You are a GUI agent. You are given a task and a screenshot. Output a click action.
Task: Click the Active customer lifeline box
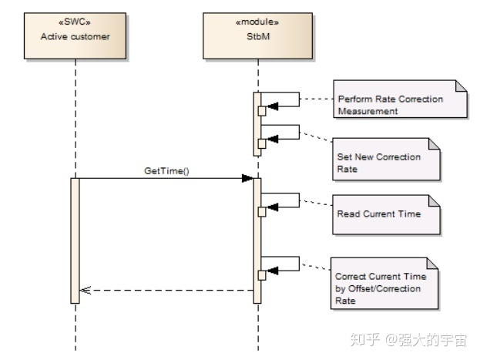pyautogui.click(x=75, y=35)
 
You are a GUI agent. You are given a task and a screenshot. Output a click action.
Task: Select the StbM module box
pyautogui.click(x=257, y=35)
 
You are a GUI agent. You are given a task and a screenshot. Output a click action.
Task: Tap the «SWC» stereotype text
pyautogui.click(x=75, y=22)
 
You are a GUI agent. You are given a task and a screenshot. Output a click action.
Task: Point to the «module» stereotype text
pyautogui.click(x=257, y=22)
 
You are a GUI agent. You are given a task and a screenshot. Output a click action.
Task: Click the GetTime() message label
pyautogui.click(x=166, y=171)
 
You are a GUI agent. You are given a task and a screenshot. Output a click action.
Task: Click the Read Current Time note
pyautogui.click(x=386, y=214)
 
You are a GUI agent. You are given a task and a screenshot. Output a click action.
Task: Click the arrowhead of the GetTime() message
pyautogui.click(x=247, y=178)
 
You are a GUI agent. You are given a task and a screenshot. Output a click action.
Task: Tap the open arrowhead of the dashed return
pyautogui.click(x=86, y=291)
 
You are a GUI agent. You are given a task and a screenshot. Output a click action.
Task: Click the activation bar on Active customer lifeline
pyautogui.click(x=75, y=240)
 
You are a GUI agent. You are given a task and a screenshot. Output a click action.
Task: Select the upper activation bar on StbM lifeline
pyautogui.click(x=257, y=123)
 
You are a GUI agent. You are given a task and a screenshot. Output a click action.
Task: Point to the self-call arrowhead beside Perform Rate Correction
pyautogui.click(x=272, y=106)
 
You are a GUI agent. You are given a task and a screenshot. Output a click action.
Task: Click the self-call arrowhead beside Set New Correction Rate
pyautogui.click(x=272, y=140)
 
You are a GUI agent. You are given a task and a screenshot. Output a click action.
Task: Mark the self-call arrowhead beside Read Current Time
pyautogui.click(x=272, y=206)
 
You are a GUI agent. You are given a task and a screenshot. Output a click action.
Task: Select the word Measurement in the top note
pyautogui.click(x=368, y=111)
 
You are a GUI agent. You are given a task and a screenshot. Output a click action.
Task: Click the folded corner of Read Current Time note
pyautogui.click(x=434, y=200)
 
